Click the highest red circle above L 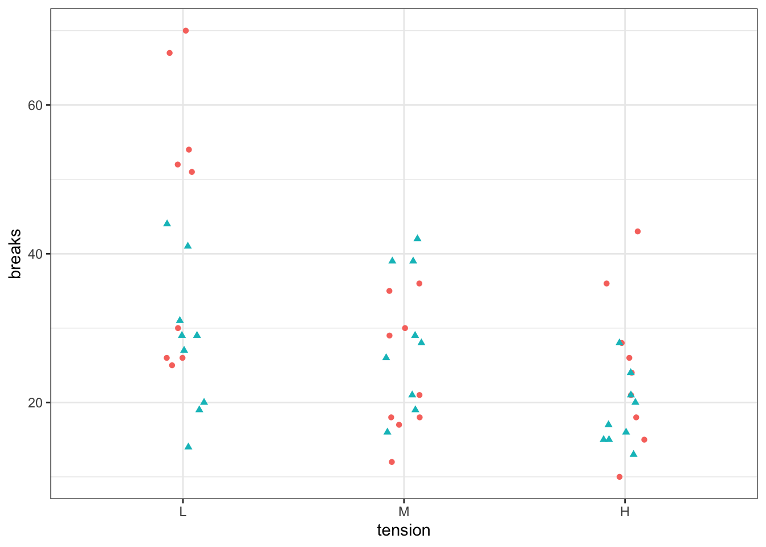click(186, 31)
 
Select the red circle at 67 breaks click(169, 53)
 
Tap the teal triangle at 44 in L click(167, 223)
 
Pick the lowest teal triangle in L click(188, 446)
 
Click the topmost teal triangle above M click(417, 238)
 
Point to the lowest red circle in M click(392, 462)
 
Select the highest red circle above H click(638, 231)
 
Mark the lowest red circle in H click(620, 477)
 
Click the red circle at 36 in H click(606, 284)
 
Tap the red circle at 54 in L click(189, 150)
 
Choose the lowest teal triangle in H click(633, 454)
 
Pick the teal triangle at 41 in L click(188, 246)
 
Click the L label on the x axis click(182, 512)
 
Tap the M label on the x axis click(404, 512)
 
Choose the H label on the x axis click(625, 512)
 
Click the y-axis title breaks click(15, 254)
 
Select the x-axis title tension click(404, 530)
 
